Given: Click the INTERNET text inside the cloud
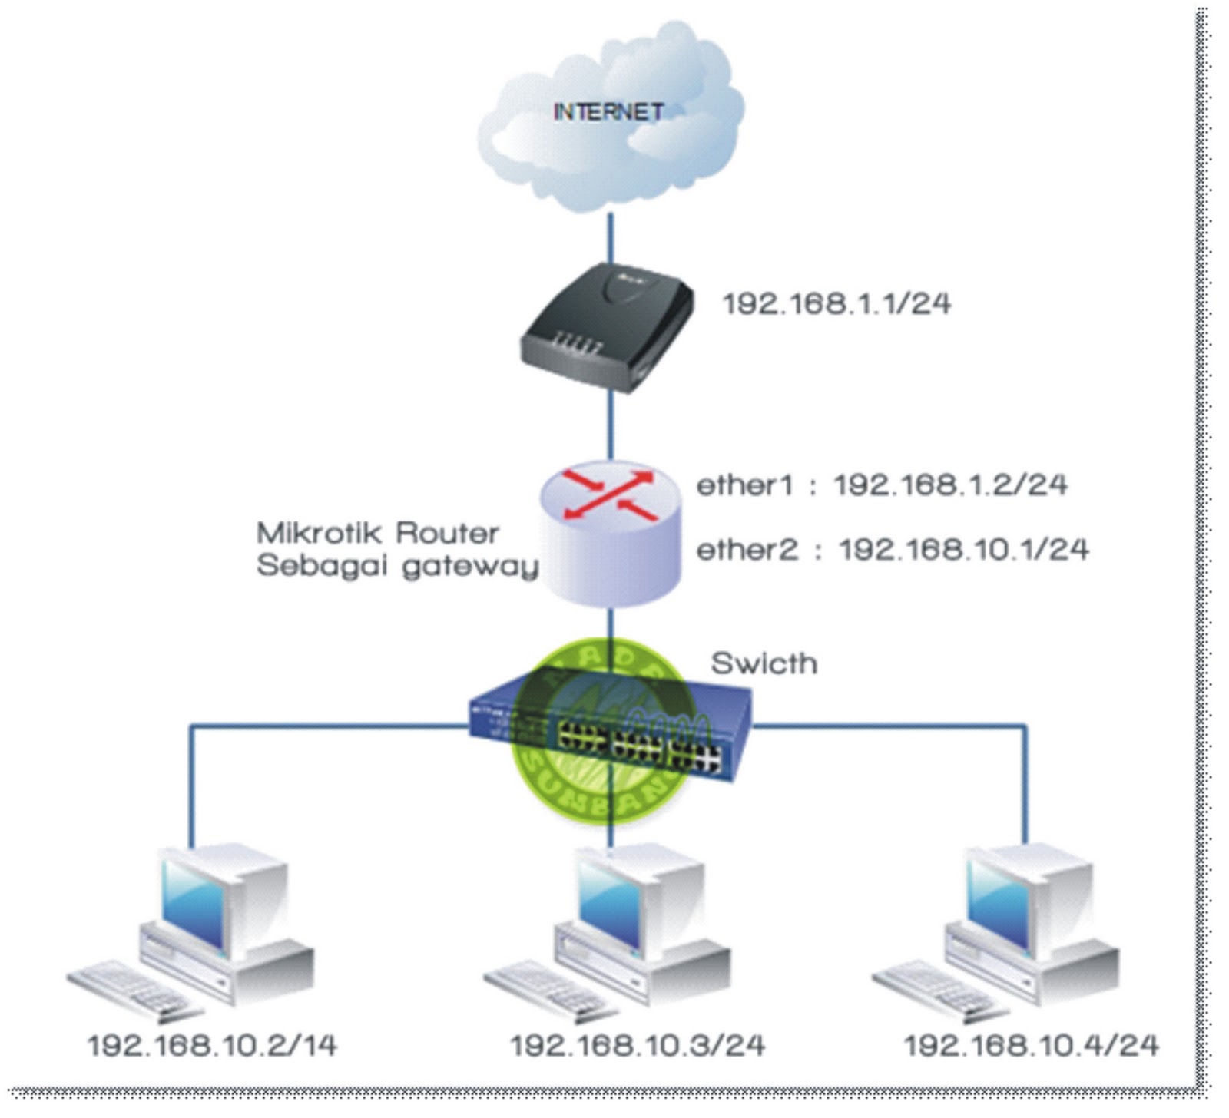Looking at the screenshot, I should pos(608,112).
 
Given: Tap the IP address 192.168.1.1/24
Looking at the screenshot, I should pos(836,304).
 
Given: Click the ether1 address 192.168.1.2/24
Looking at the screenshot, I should pos(951,485).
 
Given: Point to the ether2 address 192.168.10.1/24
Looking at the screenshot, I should pos(963,550).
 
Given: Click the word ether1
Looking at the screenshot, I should pos(744,485).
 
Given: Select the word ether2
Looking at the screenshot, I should pos(747,550).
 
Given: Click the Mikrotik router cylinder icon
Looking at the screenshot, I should pos(611,534).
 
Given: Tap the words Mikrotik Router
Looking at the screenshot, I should pos(377,533).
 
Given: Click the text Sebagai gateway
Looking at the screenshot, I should pos(396,566).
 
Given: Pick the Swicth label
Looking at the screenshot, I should pos(764,663).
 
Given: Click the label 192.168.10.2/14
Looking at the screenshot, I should pos(212,1046).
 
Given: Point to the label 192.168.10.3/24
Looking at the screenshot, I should pos(638,1046).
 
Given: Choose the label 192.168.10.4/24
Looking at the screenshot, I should pos(1031,1046).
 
